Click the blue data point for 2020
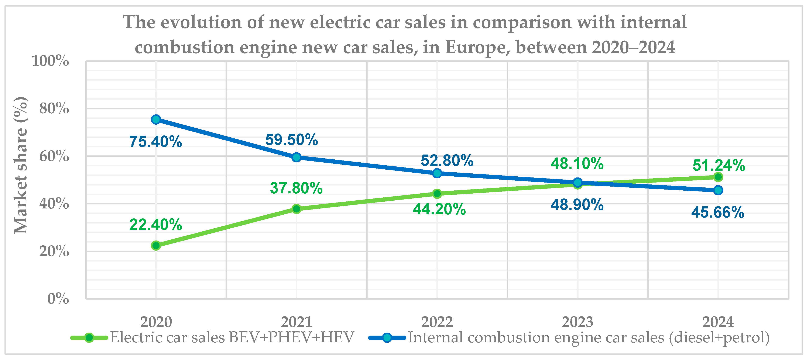[x=156, y=119]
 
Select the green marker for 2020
[x=156, y=245]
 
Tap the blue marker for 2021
[x=296, y=157]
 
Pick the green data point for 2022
[x=437, y=194]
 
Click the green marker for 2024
[x=718, y=177]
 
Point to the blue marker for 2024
[x=718, y=190]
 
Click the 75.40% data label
[x=156, y=142]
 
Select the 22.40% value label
[x=156, y=225]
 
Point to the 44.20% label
[x=439, y=209]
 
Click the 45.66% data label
[x=718, y=212]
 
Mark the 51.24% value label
[x=719, y=165]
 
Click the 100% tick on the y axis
[x=50, y=60]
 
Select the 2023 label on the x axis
[x=577, y=322]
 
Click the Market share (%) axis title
[x=21, y=165]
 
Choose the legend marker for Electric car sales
[x=89, y=338]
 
